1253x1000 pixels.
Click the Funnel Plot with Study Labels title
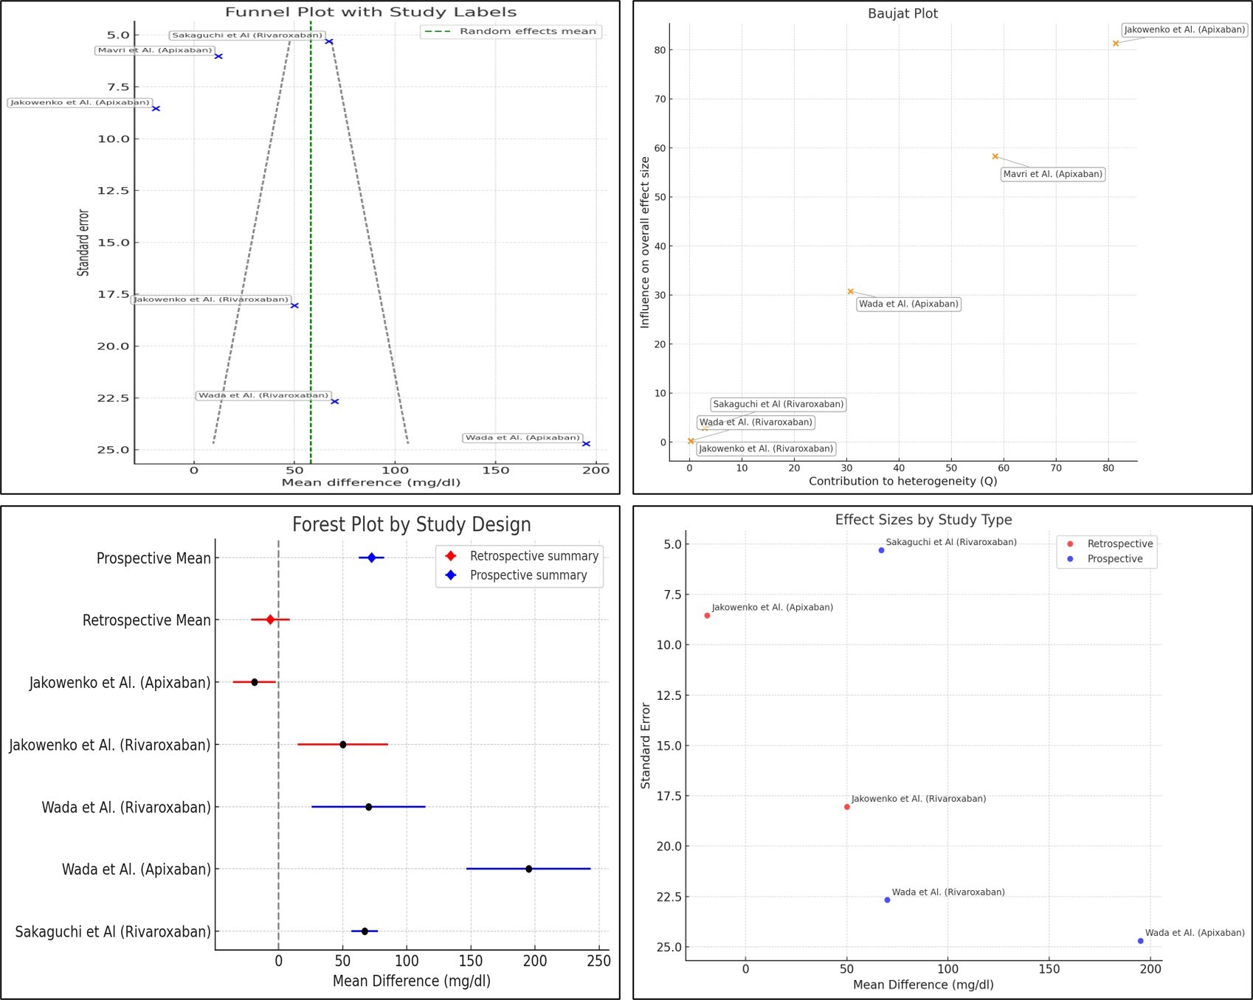(x=370, y=12)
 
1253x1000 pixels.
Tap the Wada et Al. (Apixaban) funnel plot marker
(x=586, y=444)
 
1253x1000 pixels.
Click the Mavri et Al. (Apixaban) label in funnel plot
(x=155, y=51)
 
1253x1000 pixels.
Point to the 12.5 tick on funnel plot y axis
(x=113, y=191)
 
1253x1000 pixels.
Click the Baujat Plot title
(x=902, y=13)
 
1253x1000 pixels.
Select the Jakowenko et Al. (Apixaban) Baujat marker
(x=1116, y=44)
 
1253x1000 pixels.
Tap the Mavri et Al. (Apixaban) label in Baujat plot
(x=1052, y=175)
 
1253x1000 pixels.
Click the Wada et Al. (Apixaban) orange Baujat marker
(x=850, y=292)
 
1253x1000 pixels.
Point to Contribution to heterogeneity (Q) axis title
(x=902, y=482)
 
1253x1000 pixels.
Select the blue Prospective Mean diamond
(x=371, y=558)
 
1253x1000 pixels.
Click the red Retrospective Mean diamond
(x=270, y=620)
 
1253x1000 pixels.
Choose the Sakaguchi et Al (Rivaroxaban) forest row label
(x=113, y=932)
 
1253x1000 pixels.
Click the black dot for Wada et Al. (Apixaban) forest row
(x=528, y=869)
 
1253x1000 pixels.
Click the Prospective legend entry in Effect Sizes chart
(x=1114, y=559)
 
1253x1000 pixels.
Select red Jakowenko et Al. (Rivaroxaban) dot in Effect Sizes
(x=846, y=807)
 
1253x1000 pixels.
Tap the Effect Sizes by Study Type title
(x=922, y=520)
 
